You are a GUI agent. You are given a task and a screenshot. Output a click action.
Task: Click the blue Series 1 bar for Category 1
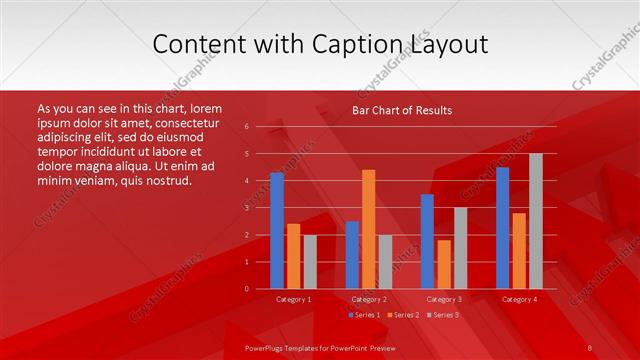coord(277,231)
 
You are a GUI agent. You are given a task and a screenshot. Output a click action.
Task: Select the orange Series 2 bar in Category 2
coord(369,229)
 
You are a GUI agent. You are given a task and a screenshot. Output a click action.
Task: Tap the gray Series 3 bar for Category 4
coord(535,221)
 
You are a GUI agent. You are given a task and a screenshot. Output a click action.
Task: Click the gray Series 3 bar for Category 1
coord(310,262)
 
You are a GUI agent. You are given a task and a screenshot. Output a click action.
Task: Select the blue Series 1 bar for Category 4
coord(502,228)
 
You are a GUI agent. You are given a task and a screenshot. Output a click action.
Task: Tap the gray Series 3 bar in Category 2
coord(385,262)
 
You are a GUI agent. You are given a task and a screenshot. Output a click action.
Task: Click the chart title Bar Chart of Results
coord(402,110)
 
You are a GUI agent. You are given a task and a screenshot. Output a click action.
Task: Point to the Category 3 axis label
coord(443,299)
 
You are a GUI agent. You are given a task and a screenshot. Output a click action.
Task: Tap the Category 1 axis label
coord(293,299)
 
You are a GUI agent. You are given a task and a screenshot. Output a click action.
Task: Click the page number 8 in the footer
coord(589,347)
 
